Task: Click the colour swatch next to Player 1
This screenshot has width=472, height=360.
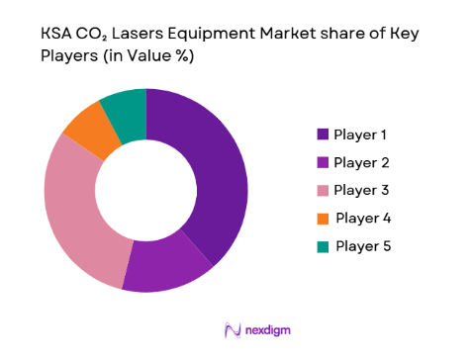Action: (323, 134)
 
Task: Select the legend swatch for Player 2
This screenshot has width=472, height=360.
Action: (323, 161)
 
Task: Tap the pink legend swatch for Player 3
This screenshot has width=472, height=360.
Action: (323, 190)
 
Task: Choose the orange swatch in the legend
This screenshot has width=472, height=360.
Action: (323, 218)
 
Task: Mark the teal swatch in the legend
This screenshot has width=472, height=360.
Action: (323, 245)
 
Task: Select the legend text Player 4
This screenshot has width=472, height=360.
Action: (364, 218)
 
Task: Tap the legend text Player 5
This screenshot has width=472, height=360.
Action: (364, 245)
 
